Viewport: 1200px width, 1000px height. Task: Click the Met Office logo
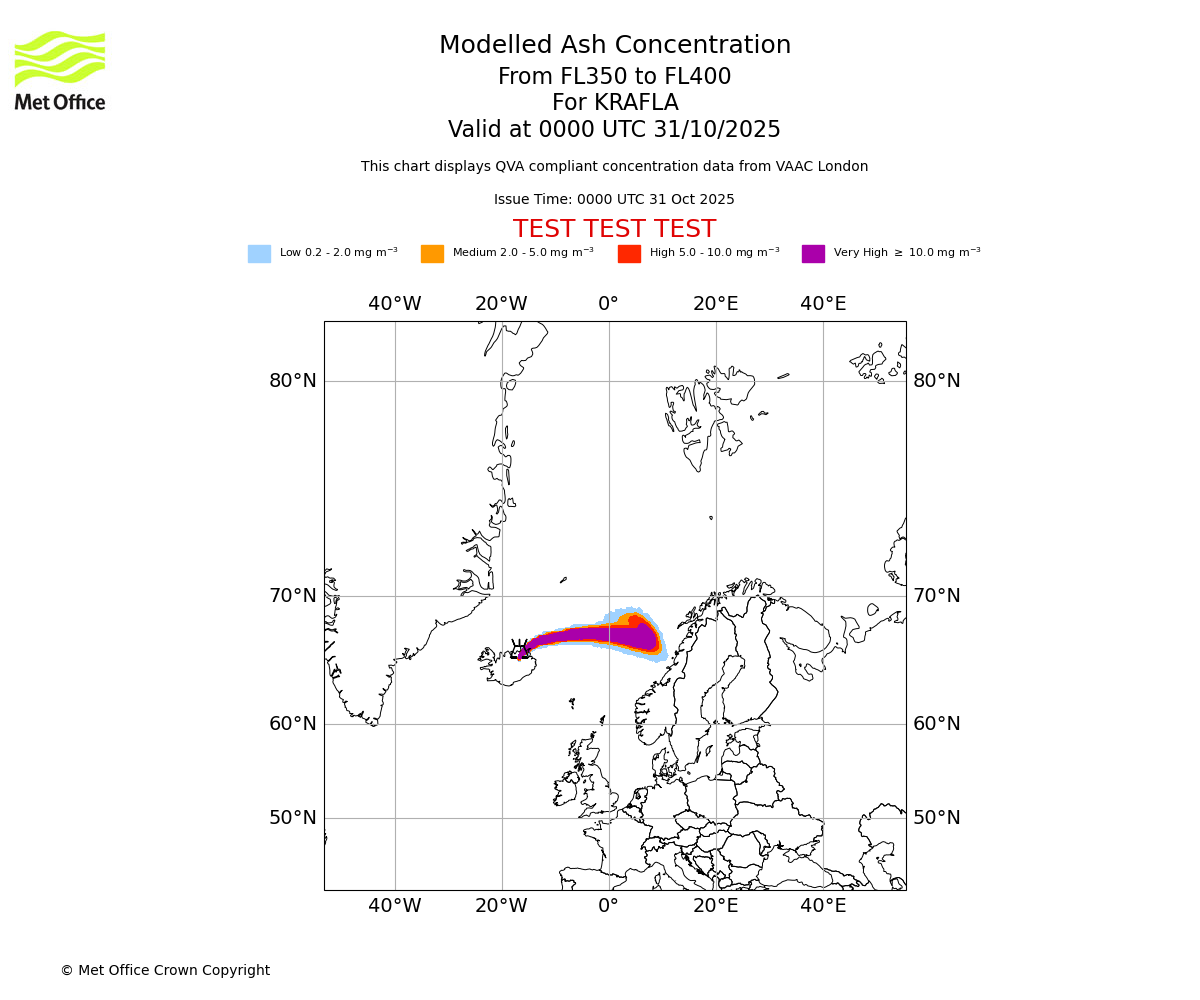60,70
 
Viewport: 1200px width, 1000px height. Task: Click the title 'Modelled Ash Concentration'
614,46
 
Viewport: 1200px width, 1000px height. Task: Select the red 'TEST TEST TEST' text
614,229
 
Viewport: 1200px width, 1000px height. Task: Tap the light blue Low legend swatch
259,254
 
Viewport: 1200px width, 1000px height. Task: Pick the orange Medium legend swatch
432,254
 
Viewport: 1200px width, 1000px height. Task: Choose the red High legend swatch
629,254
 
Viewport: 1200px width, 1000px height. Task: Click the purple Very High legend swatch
813,254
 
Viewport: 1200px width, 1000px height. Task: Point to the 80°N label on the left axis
292,381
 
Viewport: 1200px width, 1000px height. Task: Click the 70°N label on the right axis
936,596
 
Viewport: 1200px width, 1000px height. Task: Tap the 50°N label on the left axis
292,818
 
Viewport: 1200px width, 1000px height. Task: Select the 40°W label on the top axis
394,304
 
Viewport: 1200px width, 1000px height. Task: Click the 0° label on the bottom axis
608,906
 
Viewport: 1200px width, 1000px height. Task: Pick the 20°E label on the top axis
715,304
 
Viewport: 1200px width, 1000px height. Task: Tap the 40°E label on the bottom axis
823,906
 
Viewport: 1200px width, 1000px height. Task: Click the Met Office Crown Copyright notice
165,971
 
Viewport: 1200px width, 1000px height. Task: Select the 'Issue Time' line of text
614,200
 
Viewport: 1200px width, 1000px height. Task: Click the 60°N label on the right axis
936,724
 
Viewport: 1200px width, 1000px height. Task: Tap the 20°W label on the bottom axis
501,906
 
